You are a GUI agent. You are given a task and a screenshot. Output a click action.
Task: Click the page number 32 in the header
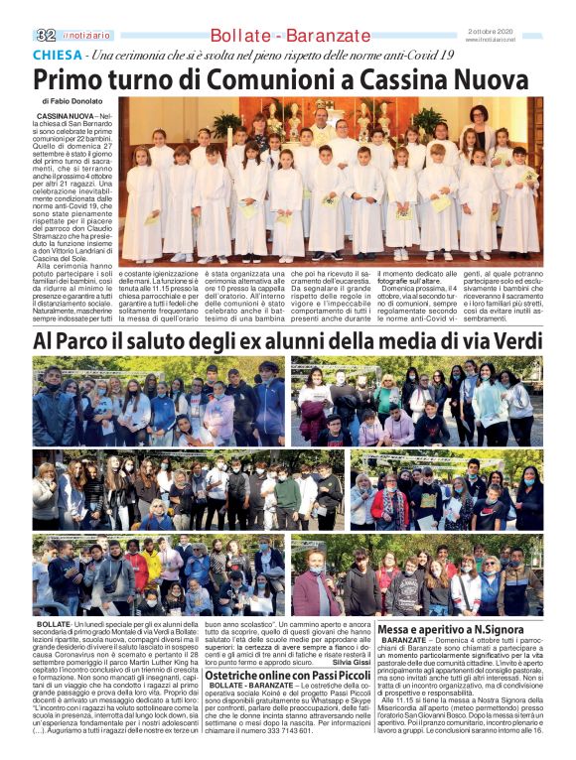(x=45, y=35)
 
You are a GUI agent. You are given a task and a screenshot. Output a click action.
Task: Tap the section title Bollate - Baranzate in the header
(x=288, y=35)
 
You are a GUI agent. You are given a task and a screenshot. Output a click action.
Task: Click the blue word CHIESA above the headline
(x=56, y=56)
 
